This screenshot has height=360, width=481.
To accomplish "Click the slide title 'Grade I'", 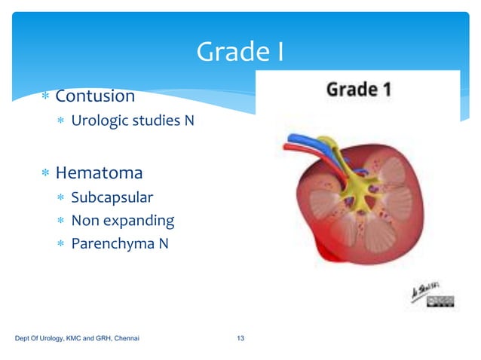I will pos(240,52).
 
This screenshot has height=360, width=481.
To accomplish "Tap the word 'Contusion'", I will pos(95,96).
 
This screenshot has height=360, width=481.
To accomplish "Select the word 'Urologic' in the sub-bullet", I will pos(97,120).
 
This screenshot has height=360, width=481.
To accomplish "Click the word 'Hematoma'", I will pos(99,173).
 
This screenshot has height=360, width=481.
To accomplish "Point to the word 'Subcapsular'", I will pos(112,197).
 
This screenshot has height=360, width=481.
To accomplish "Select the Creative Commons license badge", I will pos(441,302).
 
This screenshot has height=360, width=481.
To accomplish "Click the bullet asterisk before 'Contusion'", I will pos(45,97).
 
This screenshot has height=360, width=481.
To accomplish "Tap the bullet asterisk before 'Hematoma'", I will pos(45,174).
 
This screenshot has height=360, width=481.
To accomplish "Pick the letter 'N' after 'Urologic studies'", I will pos(188,120).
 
